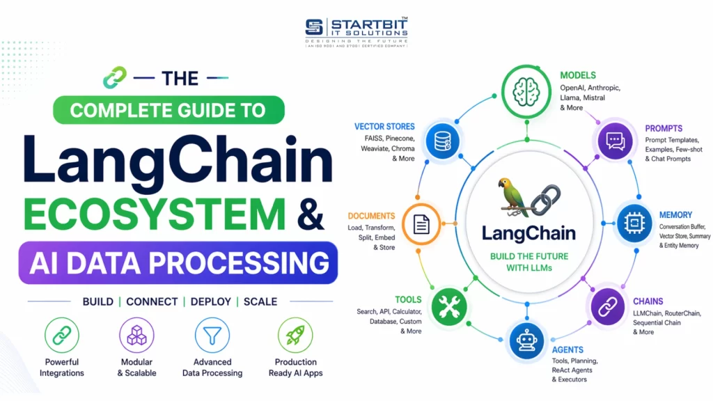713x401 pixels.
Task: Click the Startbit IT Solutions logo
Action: coord(356,31)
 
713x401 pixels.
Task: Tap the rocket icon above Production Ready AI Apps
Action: coord(295,336)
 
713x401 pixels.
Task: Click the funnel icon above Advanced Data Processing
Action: coord(212,336)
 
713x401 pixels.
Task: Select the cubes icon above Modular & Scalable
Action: coord(136,336)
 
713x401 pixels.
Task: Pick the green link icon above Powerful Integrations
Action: coord(62,336)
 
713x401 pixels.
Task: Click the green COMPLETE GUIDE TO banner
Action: coord(169,110)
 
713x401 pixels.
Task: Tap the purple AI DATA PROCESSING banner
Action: coord(178,262)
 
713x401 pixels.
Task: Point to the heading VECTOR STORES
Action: coord(384,127)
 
